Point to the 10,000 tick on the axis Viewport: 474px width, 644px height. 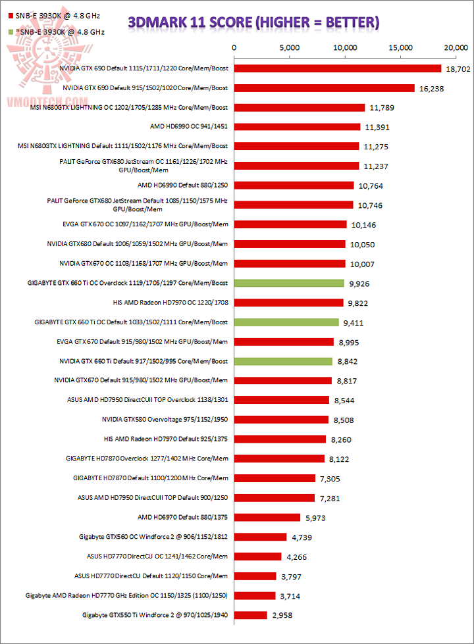pos(345,47)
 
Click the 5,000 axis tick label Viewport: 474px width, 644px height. pos(289,47)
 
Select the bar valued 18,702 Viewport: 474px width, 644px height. pos(337,68)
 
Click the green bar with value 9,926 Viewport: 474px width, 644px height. pos(288,284)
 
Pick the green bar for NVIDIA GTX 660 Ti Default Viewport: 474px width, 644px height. pos(282,361)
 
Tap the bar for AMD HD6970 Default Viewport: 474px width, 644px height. pos(267,518)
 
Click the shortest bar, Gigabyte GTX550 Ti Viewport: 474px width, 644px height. pos(250,615)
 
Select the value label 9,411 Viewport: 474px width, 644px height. pos(354,323)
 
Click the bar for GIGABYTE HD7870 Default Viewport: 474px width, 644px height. pos(274,478)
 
